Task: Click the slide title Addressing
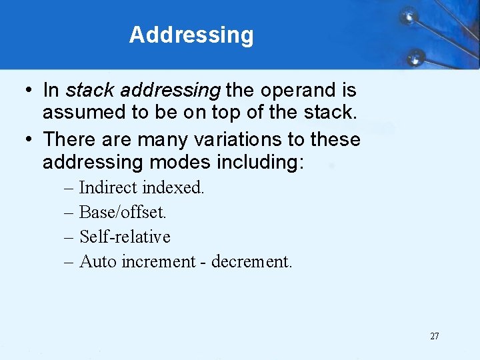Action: (x=191, y=35)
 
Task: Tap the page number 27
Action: (x=435, y=336)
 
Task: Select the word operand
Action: (x=300, y=89)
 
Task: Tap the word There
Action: (x=69, y=140)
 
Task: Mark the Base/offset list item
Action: (x=123, y=212)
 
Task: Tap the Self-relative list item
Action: (x=125, y=237)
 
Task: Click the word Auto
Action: (x=97, y=261)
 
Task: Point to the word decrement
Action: (x=251, y=261)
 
